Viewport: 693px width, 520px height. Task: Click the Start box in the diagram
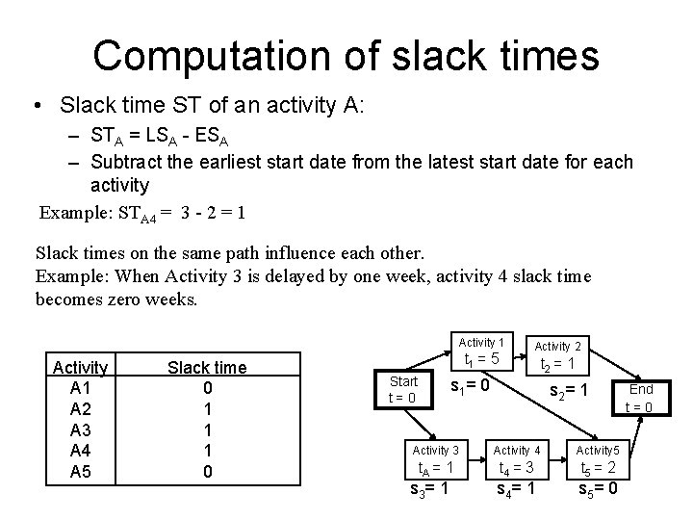pos(402,389)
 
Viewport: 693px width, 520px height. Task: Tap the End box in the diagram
pos(640,397)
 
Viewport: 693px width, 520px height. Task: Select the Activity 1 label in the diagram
pos(480,342)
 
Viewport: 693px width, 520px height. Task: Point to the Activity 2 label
pos(557,346)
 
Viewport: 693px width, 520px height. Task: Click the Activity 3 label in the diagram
pos(435,450)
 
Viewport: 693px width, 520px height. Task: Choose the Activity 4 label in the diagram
pos(517,450)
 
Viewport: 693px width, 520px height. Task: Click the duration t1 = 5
pos(480,360)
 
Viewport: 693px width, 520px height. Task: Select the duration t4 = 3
pos(517,469)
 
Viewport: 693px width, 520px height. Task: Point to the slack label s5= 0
pos(598,489)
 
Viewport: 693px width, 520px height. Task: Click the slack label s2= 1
pos(568,390)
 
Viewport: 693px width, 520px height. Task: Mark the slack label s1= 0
pos(472,386)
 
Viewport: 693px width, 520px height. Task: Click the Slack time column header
pos(207,367)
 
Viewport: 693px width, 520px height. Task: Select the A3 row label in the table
pos(80,429)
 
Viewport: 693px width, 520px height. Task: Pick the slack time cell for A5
pos(207,472)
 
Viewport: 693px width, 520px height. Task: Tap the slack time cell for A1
pos(207,388)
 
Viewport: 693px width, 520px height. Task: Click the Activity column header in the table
pos(80,367)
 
